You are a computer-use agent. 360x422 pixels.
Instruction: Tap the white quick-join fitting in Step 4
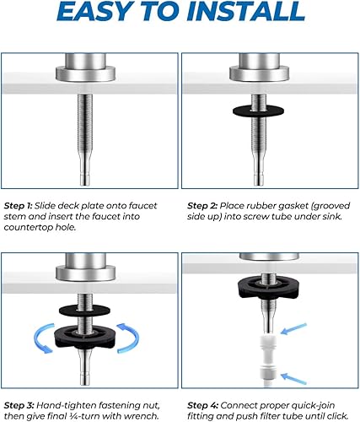(x=271, y=337)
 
